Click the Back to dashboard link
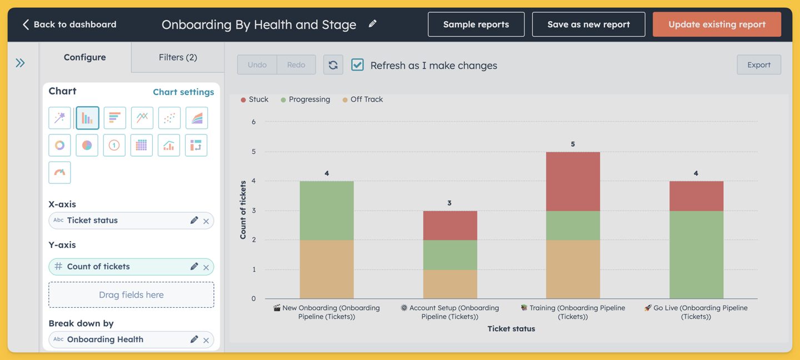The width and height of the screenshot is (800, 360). (x=69, y=24)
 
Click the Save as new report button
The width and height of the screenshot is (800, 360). (x=588, y=24)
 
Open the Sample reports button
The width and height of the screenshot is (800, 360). (x=476, y=24)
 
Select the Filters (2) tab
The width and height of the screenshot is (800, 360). (x=178, y=57)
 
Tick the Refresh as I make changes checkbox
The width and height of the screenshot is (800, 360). (x=358, y=64)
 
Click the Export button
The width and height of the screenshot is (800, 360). (x=759, y=64)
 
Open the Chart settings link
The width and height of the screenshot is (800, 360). (x=183, y=92)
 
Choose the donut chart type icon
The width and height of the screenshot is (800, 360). (x=59, y=145)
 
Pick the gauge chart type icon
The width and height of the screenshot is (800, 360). (x=59, y=172)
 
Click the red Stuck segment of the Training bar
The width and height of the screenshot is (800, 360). (x=573, y=182)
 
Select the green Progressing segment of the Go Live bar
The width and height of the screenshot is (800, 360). (x=697, y=254)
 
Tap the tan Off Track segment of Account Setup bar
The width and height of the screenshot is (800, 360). (x=450, y=284)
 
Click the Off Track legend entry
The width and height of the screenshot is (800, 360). (x=362, y=99)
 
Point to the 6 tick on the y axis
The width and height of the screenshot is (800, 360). (x=253, y=122)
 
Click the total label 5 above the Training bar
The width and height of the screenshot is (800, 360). (x=573, y=144)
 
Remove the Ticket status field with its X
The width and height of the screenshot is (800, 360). (x=206, y=221)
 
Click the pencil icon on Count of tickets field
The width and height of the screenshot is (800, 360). (x=194, y=267)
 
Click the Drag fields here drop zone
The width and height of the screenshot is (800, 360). (x=132, y=294)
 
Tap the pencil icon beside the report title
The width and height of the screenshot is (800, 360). (x=372, y=23)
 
